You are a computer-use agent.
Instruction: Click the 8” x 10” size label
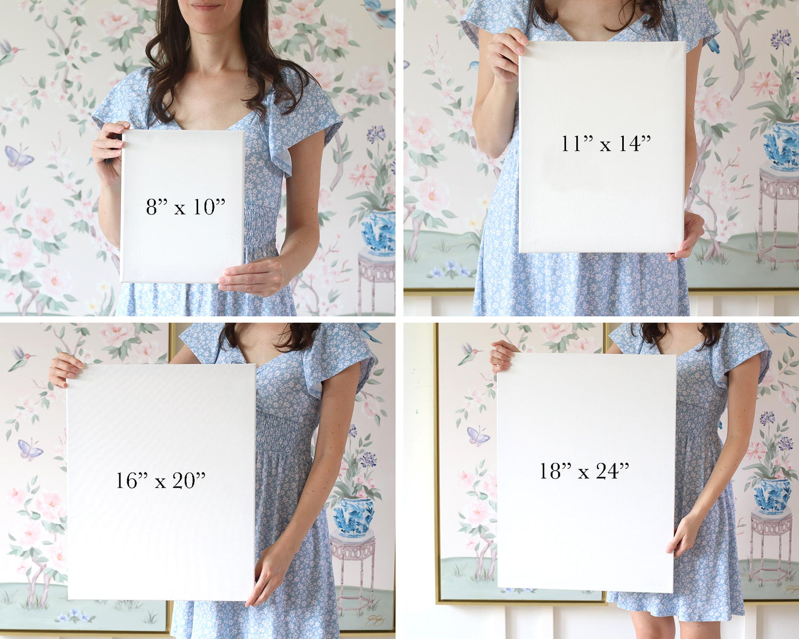(185, 207)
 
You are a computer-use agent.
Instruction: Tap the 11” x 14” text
(606, 143)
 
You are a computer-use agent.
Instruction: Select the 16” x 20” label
(160, 480)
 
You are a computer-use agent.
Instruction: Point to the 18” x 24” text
(584, 471)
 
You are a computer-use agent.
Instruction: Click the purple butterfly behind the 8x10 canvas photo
(19, 157)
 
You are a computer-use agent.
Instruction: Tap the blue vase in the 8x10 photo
(378, 232)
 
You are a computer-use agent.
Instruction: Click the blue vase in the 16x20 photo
(353, 517)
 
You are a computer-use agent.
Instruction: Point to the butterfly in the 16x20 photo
(30, 449)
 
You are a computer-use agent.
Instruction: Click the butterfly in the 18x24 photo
(478, 436)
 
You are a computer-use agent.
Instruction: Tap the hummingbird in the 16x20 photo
(21, 359)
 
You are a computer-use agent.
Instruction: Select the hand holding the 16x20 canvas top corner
(66, 369)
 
